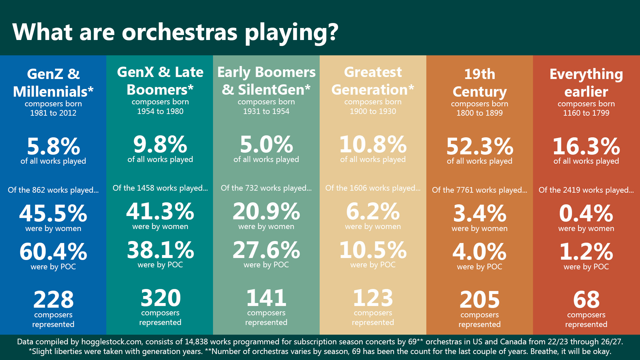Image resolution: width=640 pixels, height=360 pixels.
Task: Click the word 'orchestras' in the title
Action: pyautogui.click(x=180, y=32)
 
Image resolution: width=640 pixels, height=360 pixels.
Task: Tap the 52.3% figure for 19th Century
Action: pyautogui.click(x=480, y=146)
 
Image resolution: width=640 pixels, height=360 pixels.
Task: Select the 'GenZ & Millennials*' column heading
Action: pyautogui.click(x=53, y=83)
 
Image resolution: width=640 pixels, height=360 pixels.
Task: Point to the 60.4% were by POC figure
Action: pyautogui.click(x=53, y=252)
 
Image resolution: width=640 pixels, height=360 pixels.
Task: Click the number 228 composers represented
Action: pyautogui.click(x=53, y=300)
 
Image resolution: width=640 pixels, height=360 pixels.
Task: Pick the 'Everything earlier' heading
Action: pyautogui.click(x=586, y=83)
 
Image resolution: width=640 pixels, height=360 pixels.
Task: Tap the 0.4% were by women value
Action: pyautogui.click(x=586, y=213)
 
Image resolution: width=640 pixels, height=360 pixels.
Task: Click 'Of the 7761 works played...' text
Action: pyautogui.click(x=480, y=190)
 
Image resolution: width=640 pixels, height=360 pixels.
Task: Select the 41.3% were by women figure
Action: pyautogui.click(x=160, y=211)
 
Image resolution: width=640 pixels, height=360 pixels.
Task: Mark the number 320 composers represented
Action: pyautogui.click(x=160, y=298)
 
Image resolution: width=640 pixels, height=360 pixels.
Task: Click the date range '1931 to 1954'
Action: pyautogui.click(x=266, y=111)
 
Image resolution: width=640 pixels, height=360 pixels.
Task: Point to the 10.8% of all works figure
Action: pyautogui.click(x=373, y=144)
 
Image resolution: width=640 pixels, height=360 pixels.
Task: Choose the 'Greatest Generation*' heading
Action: pyautogui.click(x=373, y=81)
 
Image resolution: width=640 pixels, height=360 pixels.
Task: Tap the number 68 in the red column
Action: pyautogui.click(x=586, y=300)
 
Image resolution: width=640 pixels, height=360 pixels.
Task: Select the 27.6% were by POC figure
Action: pyautogui.click(x=266, y=250)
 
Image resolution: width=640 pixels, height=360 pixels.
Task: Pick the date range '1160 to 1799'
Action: pyautogui.click(x=586, y=113)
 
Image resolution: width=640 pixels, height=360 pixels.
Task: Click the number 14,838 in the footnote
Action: pyautogui.click(x=196, y=342)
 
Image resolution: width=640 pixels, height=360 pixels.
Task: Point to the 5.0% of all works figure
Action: pyautogui.click(x=266, y=144)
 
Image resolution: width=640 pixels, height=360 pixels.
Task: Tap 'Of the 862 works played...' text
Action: pyautogui.click(x=53, y=190)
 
